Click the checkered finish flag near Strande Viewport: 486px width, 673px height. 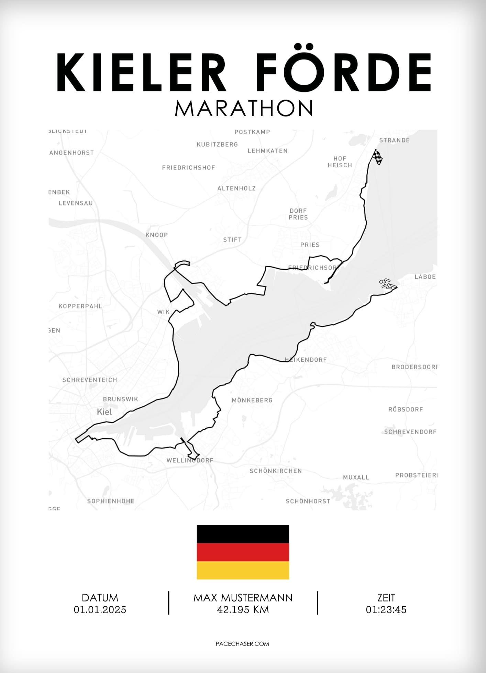pyautogui.click(x=377, y=157)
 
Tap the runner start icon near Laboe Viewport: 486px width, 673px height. pyautogui.click(x=388, y=284)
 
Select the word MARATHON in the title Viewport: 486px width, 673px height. pyautogui.click(x=244, y=108)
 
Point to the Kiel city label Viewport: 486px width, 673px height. pyautogui.click(x=104, y=412)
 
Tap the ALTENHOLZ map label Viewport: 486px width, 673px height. pyautogui.click(x=236, y=188)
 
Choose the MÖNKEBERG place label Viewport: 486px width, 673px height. pyautogui.click(x=252, y=400)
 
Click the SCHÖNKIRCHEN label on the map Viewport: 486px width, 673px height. pyautogui.click(x=276, y=471)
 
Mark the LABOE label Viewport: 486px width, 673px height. pyautogui.click(x=425, y=277)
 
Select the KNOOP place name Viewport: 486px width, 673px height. pyautogui.click(x=156, y=235)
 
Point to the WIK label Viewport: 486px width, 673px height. pyautogui.click(x=163, y=312)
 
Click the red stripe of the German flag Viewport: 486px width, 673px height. pyautogui.click(x=243, y=552)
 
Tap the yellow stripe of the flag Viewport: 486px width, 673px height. pyautogui.click(x=243, y=570)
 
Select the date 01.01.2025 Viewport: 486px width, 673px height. pyautogui.click(x=100, y=610)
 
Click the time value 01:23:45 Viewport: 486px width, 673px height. pyautogui.click(x=386, y=610)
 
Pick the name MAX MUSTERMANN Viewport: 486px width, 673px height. pyautogui.click(x=243, y=598)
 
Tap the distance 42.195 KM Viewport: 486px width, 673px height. pyautogui.click(x=243, y=610)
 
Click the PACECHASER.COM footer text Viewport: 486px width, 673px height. pyautogui.click(x=242, y=644)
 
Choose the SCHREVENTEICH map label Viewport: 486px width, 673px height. pyautogui.click(x=90, y=380)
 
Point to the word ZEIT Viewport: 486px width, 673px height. pyautogui.click(x=386, y=598)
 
